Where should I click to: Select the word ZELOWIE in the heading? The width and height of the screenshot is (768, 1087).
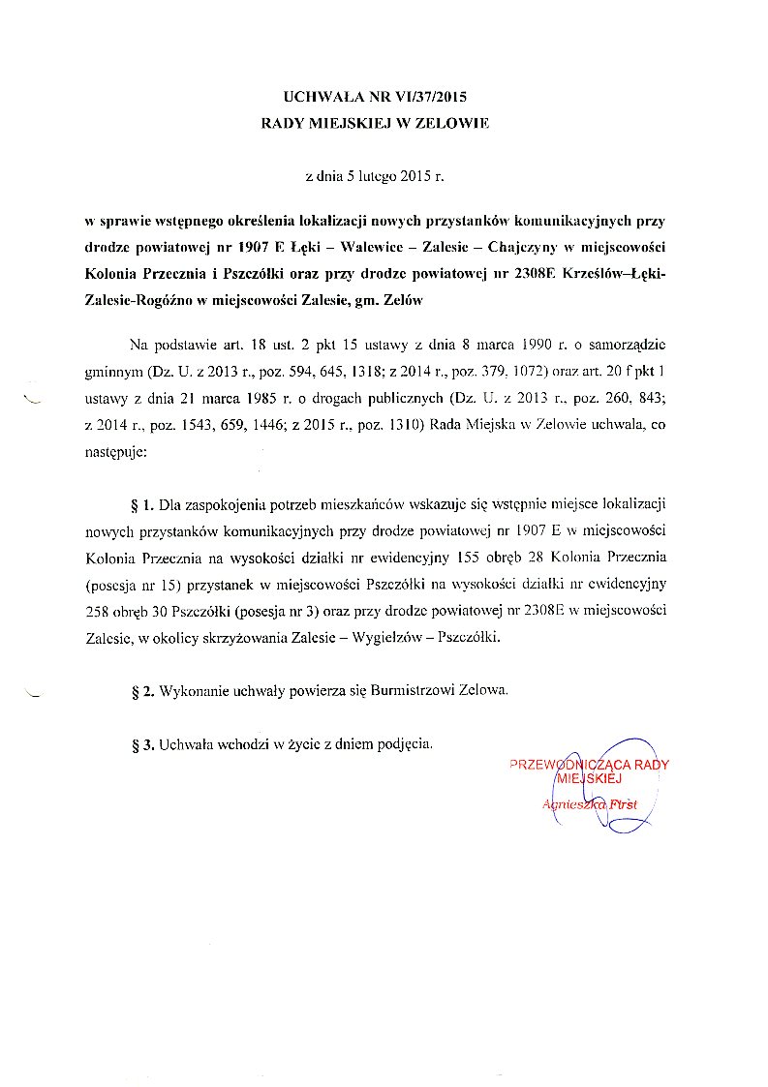click(452, 123)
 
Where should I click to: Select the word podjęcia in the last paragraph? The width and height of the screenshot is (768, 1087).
click(404, 745)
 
